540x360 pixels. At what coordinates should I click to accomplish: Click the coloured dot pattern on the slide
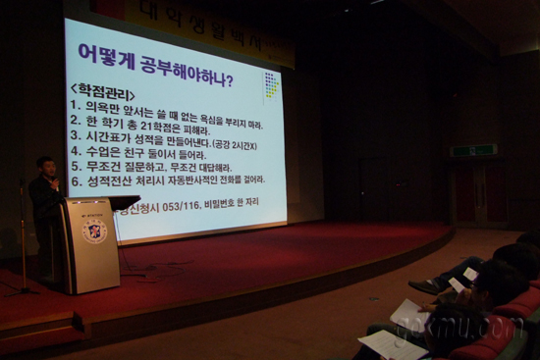pos(272,85)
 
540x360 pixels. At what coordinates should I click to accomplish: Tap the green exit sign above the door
pos(473,150)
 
